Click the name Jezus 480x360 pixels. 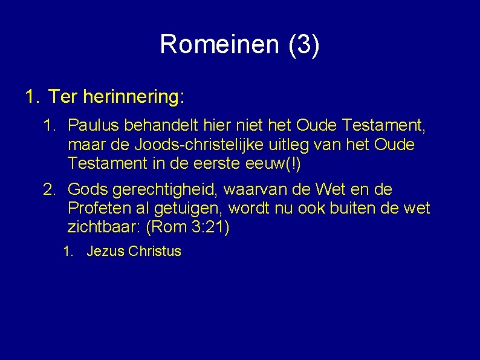pos(105,252)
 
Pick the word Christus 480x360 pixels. pos(155,252)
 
